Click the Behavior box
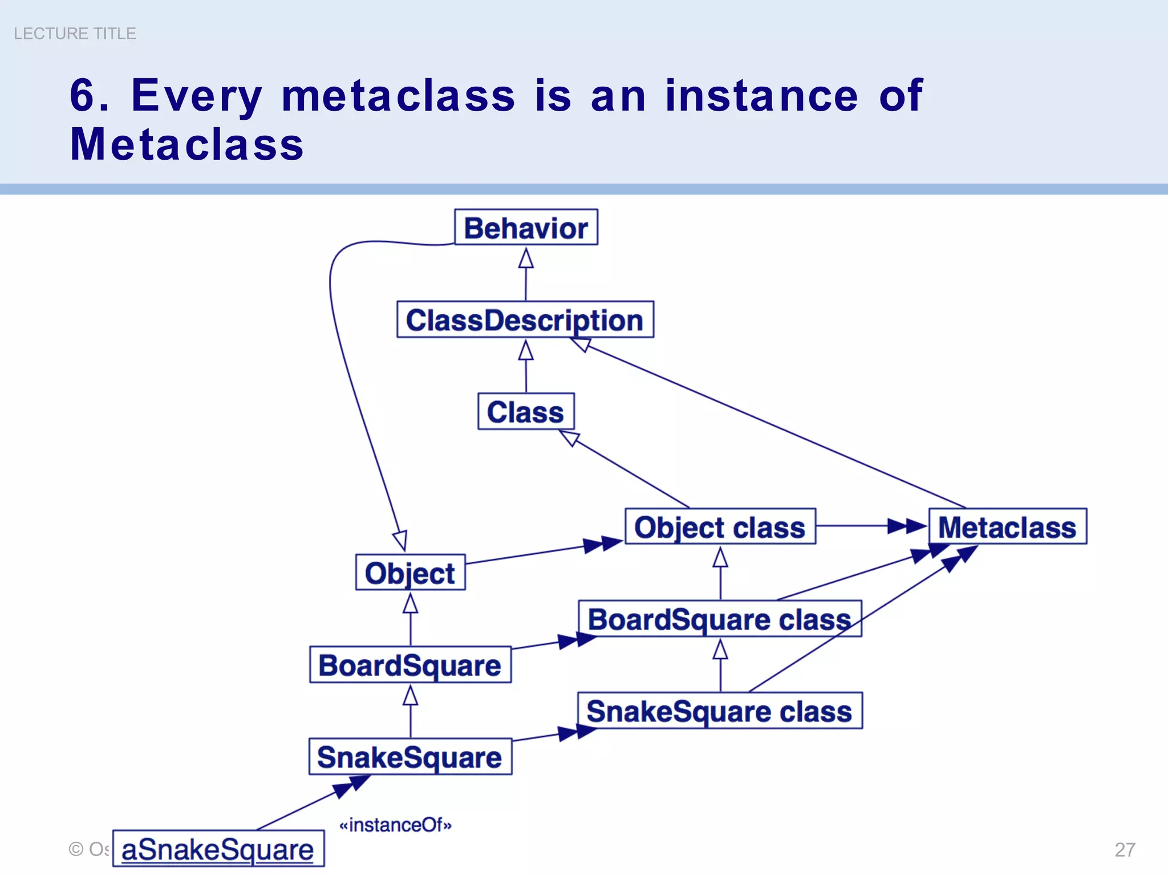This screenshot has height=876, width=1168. (525, 228)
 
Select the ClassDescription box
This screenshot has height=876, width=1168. (525, 319)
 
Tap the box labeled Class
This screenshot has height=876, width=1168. (525, 411)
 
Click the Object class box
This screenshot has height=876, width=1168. (720, 526)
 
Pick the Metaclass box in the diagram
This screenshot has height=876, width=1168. (1007, 526)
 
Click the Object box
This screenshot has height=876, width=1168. (410, 573)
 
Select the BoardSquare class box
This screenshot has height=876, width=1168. (719, 619)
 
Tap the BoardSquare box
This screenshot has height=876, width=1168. (410, 665)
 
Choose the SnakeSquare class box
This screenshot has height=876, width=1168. (719, 711)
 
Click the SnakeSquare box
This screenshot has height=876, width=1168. (410, 757)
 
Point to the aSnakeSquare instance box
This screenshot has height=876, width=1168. (218, 849)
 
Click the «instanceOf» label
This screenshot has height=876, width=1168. (395, 825)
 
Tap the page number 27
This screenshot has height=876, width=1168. (1125, 849)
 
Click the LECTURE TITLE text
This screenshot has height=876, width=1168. (75, 34)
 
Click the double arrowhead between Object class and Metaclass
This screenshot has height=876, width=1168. (907, 526)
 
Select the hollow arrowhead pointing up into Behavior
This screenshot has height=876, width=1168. (526, 259)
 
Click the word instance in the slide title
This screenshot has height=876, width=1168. (761, 95)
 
